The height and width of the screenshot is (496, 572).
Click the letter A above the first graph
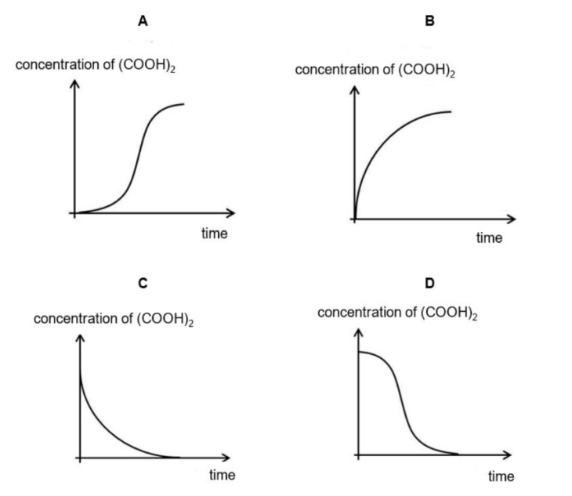tap(143, 21)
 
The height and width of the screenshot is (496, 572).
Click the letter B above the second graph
tap(429, 21)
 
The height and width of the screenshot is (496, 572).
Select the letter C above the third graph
tap(143, 283)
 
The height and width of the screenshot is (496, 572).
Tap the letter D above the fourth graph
tap(429, 283)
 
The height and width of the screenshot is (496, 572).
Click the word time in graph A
tap(215, 234)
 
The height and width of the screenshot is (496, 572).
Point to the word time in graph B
tap(489, 237)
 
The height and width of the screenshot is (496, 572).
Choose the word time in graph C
tap(223, 475)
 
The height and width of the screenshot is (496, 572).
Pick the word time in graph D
tap(501, 476)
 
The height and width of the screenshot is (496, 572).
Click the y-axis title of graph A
tap(96, 65)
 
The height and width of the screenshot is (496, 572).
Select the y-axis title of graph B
tap(375, 70)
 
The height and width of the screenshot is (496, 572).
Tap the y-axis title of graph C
tap(114, 319)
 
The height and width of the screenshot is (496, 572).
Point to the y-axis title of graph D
tap(397, 313)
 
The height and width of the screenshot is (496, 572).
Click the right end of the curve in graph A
tap(184, 104)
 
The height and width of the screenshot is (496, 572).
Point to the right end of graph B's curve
tap(451, 111)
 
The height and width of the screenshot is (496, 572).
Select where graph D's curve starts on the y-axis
tap(359, 352)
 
